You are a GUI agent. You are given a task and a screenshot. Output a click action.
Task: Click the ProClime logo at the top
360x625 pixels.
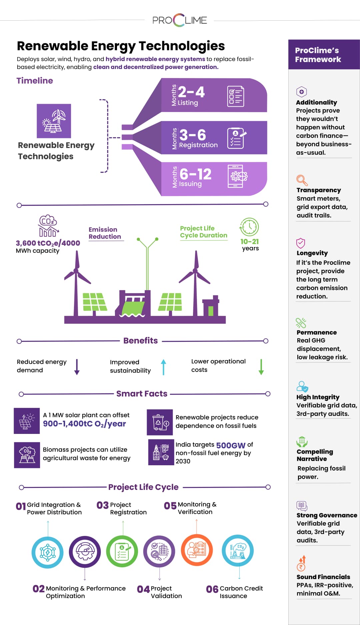click(x=180, y=20)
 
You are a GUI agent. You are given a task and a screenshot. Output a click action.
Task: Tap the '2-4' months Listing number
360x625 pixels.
click(x=191, y=92)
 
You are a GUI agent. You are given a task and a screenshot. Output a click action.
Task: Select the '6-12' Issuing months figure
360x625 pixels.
click(x=195, y=174)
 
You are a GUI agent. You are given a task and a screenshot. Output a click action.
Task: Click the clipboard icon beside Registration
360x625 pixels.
click(x=236, y=138)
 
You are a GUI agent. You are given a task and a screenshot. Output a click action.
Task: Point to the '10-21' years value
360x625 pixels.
click(x=250, y=241)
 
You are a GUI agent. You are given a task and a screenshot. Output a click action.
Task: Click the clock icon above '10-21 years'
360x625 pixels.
click(x=249, y=227)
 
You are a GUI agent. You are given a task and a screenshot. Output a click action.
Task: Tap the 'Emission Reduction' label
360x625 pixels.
click(x=105, y=233)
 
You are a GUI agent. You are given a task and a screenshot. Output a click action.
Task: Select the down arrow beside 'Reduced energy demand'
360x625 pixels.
click(x=77, y=367)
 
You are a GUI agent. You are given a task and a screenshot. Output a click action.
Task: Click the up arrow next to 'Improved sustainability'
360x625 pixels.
click(x=163, y=367)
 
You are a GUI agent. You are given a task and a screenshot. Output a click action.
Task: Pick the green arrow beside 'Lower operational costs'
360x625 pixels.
click(x=261, y=367)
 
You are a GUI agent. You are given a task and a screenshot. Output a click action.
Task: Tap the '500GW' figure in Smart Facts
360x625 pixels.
click(x=231, y=445)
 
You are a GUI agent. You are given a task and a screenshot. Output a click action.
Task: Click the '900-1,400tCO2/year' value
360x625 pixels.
click(x=84, y=424)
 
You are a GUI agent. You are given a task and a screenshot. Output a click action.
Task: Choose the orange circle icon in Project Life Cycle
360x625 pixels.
click(x=197, y=550)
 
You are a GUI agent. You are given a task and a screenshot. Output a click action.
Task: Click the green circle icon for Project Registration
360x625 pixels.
click(x=122, y=551)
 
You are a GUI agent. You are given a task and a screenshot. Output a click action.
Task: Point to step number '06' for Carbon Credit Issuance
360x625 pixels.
click(x=212, y=589)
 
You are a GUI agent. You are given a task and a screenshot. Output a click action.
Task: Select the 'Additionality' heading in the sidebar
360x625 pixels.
click(x=316, y=102)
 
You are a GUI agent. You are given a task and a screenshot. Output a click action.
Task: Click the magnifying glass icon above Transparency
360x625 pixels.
click(x=302, y=180)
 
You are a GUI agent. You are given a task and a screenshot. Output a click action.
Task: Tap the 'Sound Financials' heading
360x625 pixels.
click(x=323, y=577)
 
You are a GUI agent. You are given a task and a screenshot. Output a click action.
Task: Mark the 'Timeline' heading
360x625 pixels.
click(x=35, y=81)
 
